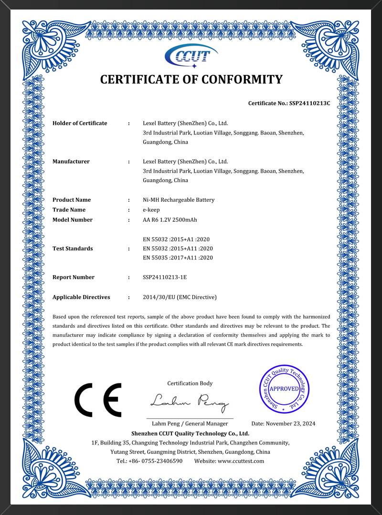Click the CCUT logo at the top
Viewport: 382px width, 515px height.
pos(191,56)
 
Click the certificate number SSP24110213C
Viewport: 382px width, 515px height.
pos(309,103)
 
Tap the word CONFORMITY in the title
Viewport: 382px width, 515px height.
pos(242,80)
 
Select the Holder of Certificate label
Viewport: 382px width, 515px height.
pos(80,123)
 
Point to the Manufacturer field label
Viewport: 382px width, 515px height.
pos(71,161)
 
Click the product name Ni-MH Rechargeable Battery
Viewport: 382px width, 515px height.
pos(179,200)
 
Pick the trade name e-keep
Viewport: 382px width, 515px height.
pos(151,210)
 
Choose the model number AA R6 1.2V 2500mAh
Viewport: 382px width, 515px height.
pos(170,220)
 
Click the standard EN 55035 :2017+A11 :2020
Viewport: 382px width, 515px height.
pos(178,258)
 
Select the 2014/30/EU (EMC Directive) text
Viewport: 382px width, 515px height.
pos(180,297)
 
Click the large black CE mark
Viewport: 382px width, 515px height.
pos(98,400)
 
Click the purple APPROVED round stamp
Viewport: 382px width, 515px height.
pos(285,389)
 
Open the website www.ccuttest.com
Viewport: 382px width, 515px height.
pos(241,461)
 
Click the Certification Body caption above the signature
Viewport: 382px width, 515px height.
pos(190,383)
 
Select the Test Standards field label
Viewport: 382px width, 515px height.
pos(73,248)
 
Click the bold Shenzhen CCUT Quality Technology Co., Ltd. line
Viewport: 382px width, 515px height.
pos(191,433)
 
